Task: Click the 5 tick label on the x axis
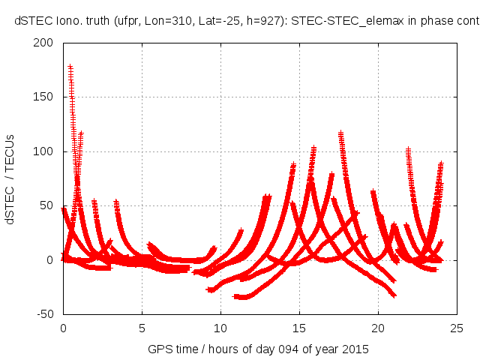tap(141, 327)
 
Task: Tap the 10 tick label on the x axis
tap(220, 327)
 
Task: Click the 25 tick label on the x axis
tap(457, 327)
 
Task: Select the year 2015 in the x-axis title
tap(357, 349)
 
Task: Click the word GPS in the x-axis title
tap(159, 349)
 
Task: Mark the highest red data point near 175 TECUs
tap(70, 67)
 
